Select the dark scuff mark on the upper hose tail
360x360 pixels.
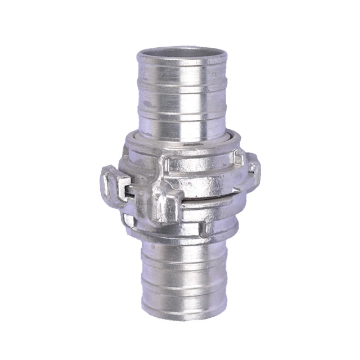(147, 105)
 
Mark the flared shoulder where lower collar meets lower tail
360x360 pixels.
(180, 233)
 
